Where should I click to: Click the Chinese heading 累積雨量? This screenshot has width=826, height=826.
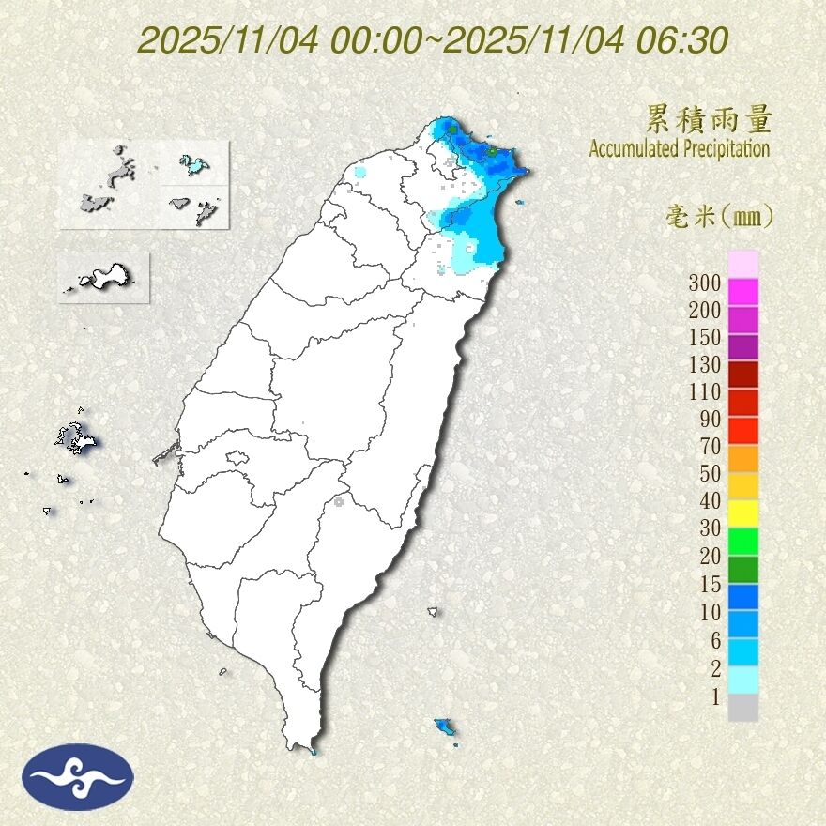(x=709, y=119)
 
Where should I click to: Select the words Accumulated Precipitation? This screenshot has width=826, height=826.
(x=680, y=148)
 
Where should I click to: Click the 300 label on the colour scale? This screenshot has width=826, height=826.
(x=704, y=282)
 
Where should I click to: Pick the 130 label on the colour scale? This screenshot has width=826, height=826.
(x=704, y=364)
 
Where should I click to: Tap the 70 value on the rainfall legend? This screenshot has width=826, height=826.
(x=710, y=446)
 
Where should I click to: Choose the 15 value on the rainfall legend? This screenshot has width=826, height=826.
(x=710, y=584)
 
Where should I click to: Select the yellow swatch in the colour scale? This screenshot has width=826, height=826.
(x=742, y=512)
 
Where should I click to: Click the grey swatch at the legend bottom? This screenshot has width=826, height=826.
(x=742, y=707)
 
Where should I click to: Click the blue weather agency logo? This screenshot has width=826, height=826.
(x=79, y=776)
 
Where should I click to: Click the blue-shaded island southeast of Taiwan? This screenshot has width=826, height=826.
(x=444, y=727)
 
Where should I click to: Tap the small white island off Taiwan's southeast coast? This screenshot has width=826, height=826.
(x=433, y=612)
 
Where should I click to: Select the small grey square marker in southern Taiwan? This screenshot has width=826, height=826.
(x=338, y=502)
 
